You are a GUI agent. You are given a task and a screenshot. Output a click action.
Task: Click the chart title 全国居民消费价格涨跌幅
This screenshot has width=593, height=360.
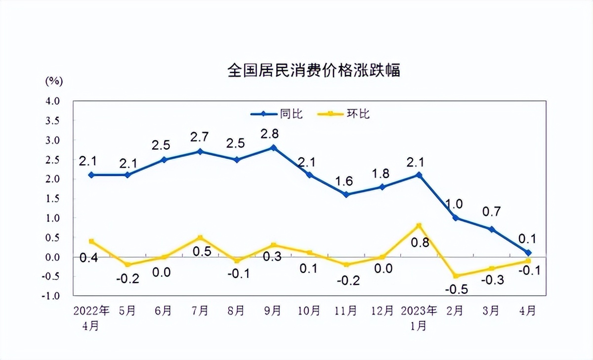[313, 70]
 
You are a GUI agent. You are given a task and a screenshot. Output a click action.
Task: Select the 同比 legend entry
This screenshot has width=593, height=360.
[277, 114]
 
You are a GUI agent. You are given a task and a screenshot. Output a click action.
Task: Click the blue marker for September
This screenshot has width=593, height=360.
[273, 148]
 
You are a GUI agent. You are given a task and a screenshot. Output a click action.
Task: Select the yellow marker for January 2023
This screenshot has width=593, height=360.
[419, 226]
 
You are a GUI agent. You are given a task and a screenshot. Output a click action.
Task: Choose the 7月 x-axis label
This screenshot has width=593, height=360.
[200, 311]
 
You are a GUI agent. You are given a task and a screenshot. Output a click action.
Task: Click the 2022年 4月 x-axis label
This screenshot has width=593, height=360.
[91, 318]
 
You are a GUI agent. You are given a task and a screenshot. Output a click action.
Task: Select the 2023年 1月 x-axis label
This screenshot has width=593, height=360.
[419, 318]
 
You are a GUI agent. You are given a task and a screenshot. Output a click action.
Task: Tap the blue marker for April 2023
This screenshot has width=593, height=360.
[528, 253]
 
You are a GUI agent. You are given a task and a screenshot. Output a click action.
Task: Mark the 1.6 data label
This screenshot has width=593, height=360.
[346, 181]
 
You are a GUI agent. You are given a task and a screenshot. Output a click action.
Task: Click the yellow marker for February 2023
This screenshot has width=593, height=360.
[455, 276]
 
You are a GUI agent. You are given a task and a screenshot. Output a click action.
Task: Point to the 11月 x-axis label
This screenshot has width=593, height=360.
[346, 311]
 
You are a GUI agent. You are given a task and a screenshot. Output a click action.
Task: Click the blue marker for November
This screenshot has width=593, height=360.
[346, 194]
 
